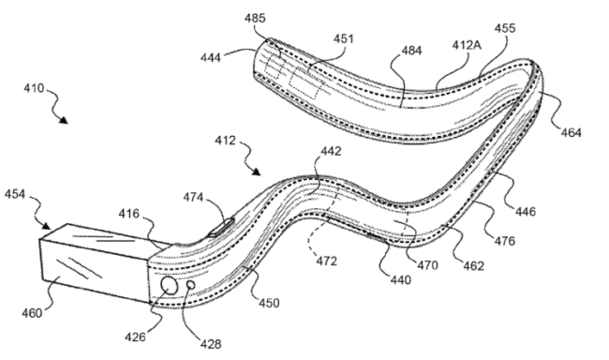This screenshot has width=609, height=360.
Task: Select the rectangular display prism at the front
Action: coord(94,263)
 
